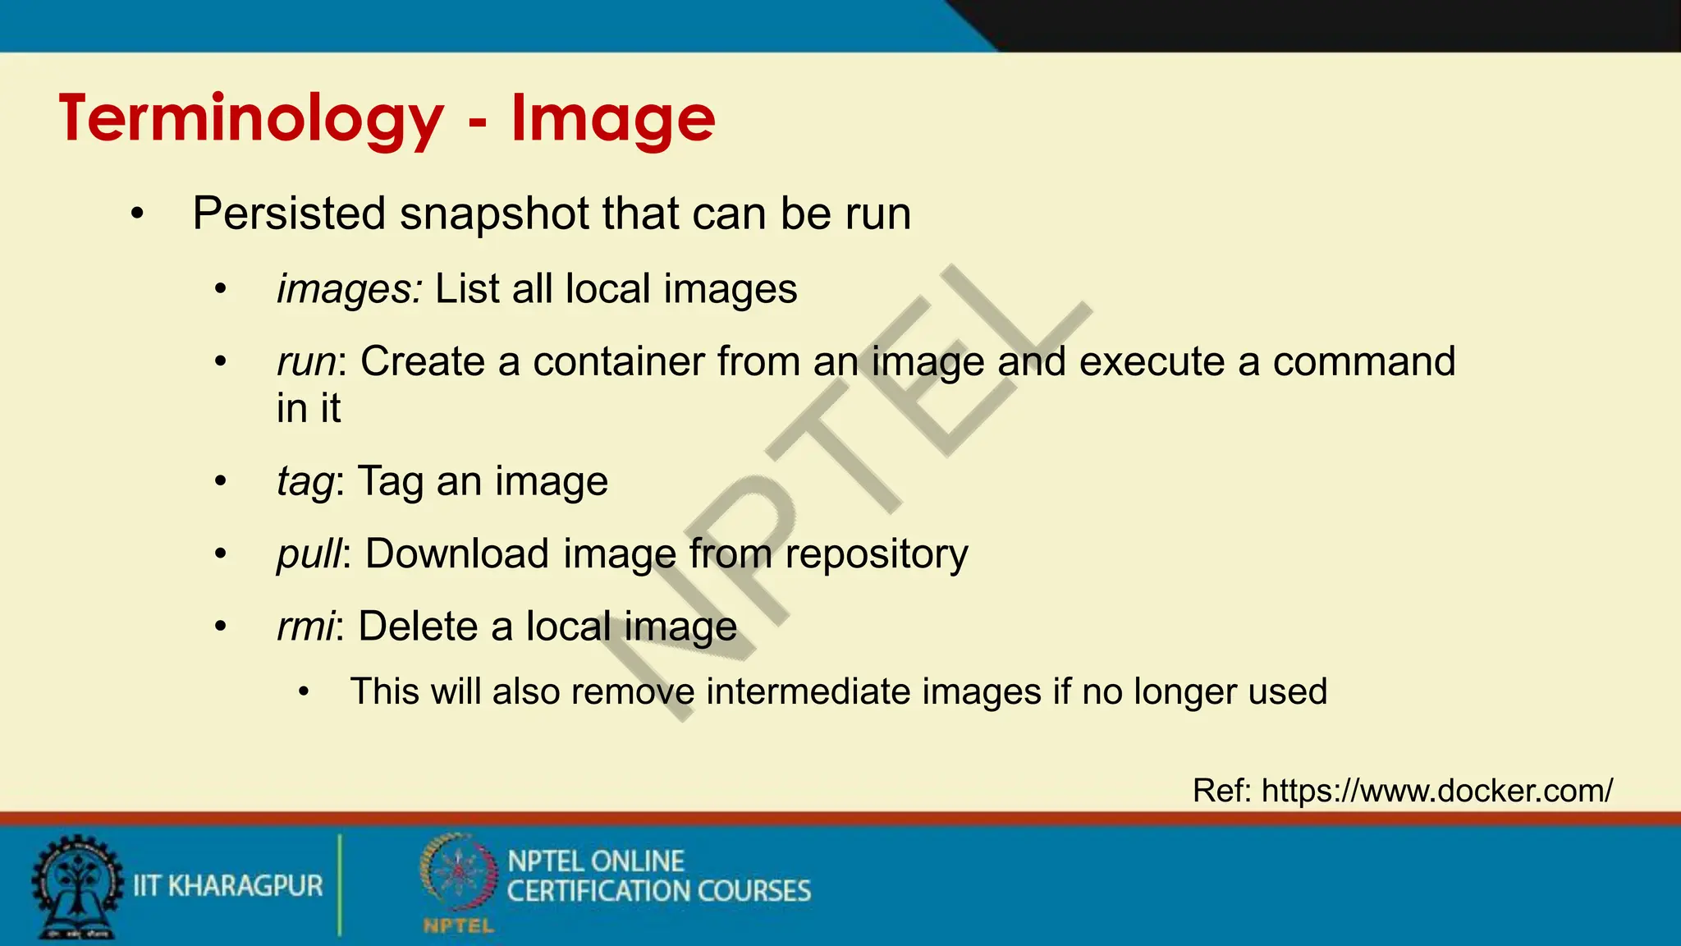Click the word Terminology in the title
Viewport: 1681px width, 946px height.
point(251,120)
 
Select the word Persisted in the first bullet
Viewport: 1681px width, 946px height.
point(289,214)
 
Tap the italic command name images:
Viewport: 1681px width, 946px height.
point(350,289)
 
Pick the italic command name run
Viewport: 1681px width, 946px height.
point(306,362)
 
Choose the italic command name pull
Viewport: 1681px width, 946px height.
point(309,554)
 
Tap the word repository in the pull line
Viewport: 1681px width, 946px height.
point(876,554)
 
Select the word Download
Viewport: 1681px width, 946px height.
point(456,554)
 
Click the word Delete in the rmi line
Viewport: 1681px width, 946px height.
point(418,627)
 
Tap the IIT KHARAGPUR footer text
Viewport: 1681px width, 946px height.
point(228,886)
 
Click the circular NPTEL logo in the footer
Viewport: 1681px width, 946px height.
point(458,875)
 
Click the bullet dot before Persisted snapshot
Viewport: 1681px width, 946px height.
point(137,214)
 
